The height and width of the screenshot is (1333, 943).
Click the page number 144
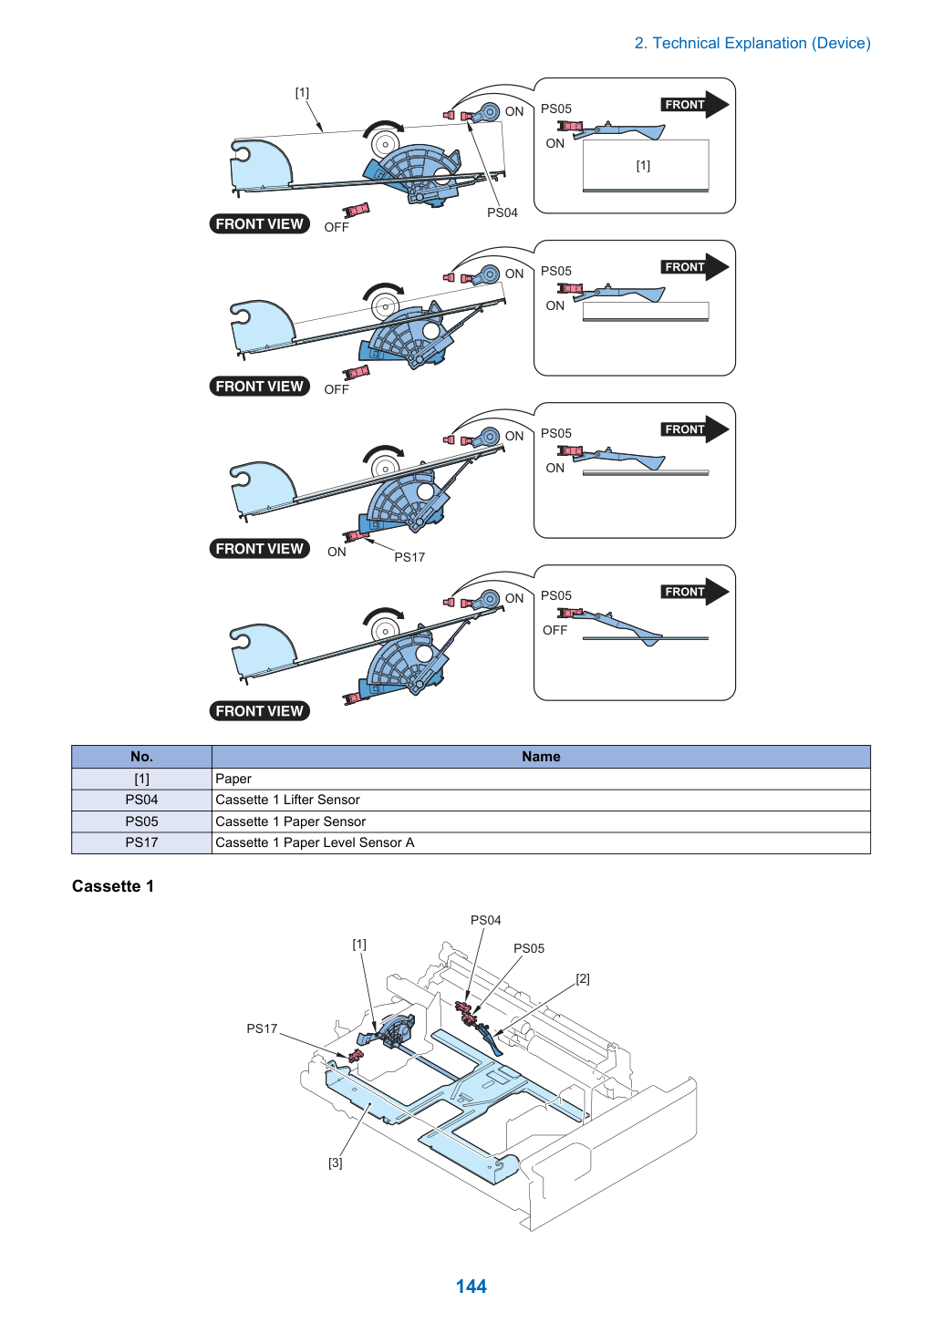pos(471,1286)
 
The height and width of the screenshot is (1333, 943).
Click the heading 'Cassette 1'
pos(112,886)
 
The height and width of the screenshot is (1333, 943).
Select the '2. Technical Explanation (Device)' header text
pos(752,43)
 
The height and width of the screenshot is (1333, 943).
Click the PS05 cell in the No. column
pos(141,821)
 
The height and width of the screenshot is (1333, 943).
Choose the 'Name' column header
pos(541,757)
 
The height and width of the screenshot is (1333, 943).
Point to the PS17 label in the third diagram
pos(409,557)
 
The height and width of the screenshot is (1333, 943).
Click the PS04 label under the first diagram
pos(502,212)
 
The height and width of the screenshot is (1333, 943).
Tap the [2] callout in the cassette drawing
pos(583,978)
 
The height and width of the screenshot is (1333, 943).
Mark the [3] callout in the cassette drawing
pos(336,1162)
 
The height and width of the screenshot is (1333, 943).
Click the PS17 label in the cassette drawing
pos(262,1028)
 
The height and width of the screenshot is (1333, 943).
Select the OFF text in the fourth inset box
pos(554,630)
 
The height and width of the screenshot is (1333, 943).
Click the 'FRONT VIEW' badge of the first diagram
pos(260,223)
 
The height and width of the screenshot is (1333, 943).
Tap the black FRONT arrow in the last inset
pos(695,592)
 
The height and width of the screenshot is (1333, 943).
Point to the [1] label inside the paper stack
pos(643,165)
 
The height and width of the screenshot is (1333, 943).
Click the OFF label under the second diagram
pos(337,389)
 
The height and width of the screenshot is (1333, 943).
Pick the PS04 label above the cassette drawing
pos(486,920)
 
